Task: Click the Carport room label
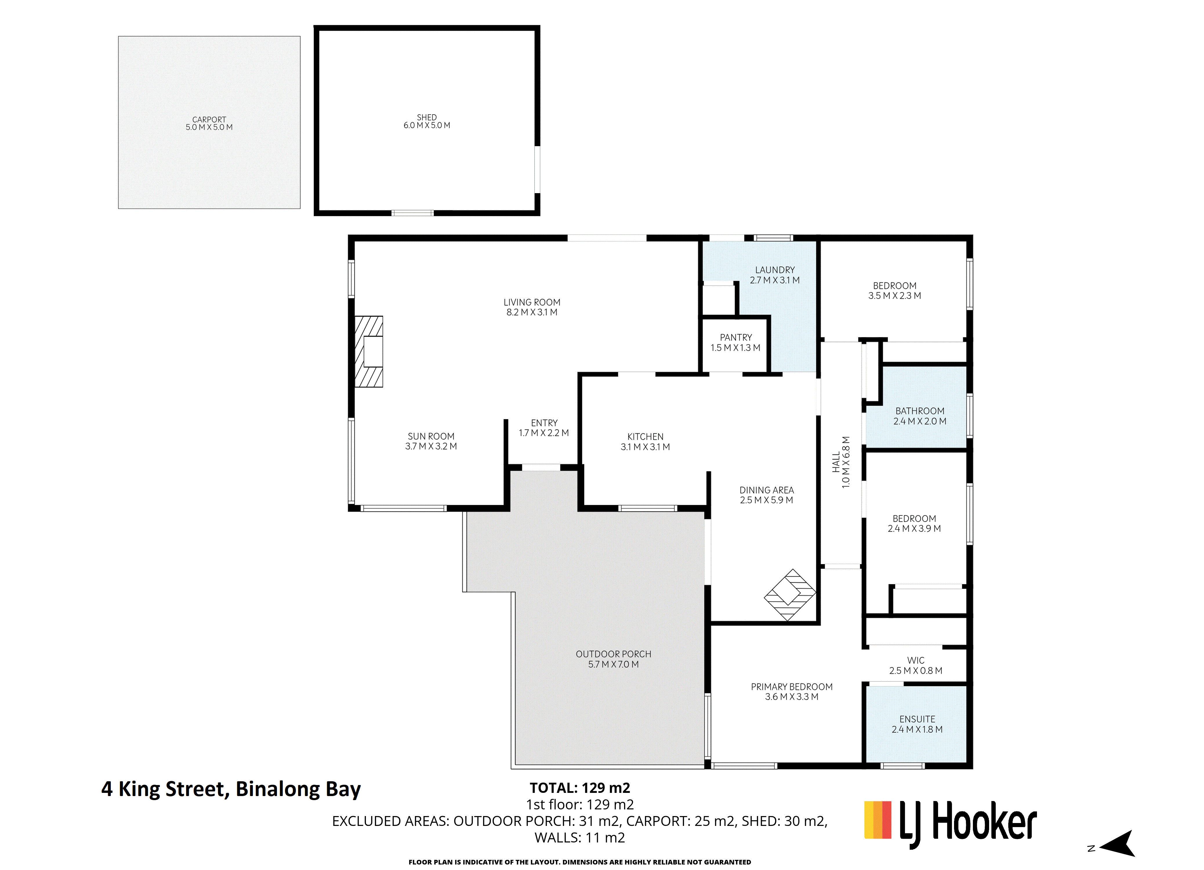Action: [209, 123]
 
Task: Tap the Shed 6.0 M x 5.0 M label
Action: [427, 121]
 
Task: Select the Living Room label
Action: [532, 307]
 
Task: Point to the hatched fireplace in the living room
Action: [368, 351]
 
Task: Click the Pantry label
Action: [736, 342]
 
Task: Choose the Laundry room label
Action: [775, 275]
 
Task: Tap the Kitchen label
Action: [645, 442]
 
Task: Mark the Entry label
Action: [544, 428]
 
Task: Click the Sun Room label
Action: [431, 441]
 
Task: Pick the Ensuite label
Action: [917, 724]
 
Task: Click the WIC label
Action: [916, 665]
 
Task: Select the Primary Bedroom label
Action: [792, 692]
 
